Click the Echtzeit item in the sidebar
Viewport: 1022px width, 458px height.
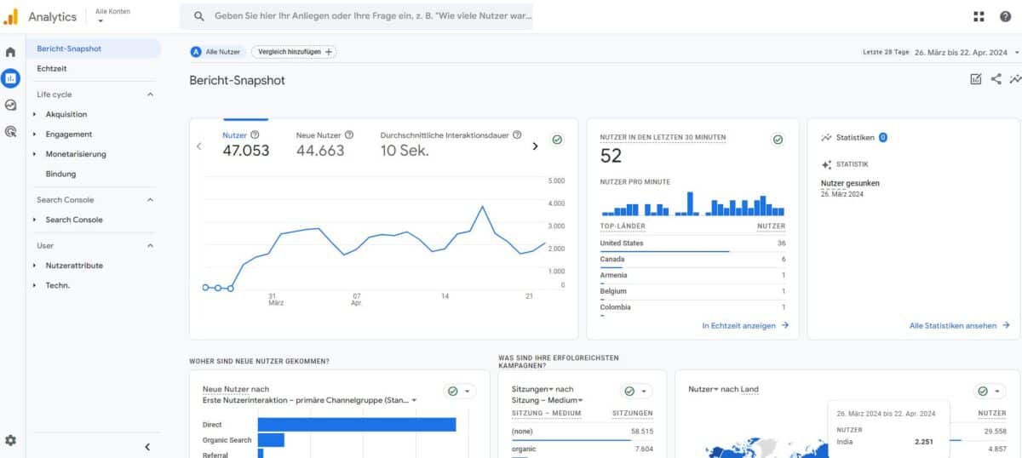pyautogui.click(x=52, y=68)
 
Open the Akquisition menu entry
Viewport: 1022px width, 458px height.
pyautogui.click(x=66, y=114)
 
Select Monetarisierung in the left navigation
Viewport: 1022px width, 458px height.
pyautogui.click(x=76, y=154)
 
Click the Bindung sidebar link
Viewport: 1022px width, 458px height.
pyautogui.click(x=60, y=174)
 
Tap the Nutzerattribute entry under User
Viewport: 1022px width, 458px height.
pyautogui.click(x=74, y=266)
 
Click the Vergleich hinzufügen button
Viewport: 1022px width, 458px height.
pyautogui.click(x=293, y=52)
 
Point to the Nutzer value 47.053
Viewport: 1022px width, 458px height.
pyautogui.click(x=246, y=151)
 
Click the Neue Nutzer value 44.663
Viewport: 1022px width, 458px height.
pyautogui.click(x=320, y=151)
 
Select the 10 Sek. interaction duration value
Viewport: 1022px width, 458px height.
pyautogui.click(x=405, y=151)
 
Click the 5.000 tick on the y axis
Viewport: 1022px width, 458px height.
pyautogui.click(x=556, y=181)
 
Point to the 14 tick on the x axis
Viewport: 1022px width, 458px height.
pyautogui.click(x=445, y=296)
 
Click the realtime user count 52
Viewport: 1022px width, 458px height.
pyautogui.click(x=611, y=156)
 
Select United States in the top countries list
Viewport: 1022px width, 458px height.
pyautogui.click(x=622, y=243)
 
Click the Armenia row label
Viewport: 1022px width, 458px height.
pyautogui.click(x=613, y=275)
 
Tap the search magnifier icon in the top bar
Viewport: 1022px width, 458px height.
pyautogui.click(x=199, y=16)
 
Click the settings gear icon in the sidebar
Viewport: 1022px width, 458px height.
pyautogui.click(x=10, y=440)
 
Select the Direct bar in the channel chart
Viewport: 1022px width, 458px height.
pyautogui.click(x=357, y=424)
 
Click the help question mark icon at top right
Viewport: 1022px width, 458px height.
pyautogui.click(x=1005, y=16)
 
